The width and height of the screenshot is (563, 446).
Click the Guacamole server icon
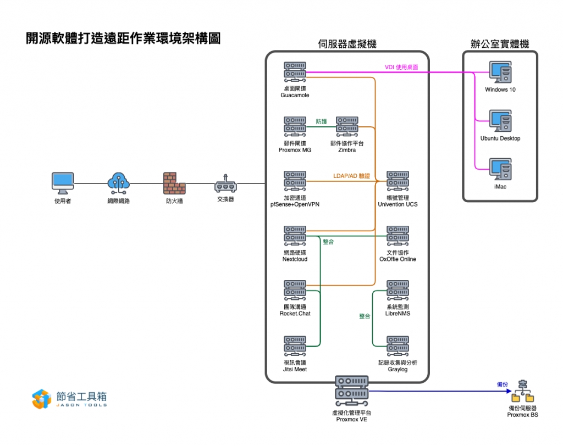click(295, 72)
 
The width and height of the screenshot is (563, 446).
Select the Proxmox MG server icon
click(295, 126)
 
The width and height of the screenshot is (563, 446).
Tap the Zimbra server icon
click(347, 126)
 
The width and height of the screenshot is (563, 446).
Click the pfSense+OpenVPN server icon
click(295, 181)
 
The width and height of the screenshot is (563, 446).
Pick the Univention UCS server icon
click(398, 181)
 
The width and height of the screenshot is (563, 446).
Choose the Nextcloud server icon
click(295, 236)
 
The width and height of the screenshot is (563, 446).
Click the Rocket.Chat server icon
click(295, 291)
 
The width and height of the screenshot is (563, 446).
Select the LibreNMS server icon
click(398, 291)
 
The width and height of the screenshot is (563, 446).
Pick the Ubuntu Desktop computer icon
click(500, 121)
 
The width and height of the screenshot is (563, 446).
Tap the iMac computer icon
click(500, 170)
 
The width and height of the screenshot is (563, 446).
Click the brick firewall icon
click(174, 183)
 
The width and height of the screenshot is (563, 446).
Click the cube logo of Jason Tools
click(42, 399)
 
